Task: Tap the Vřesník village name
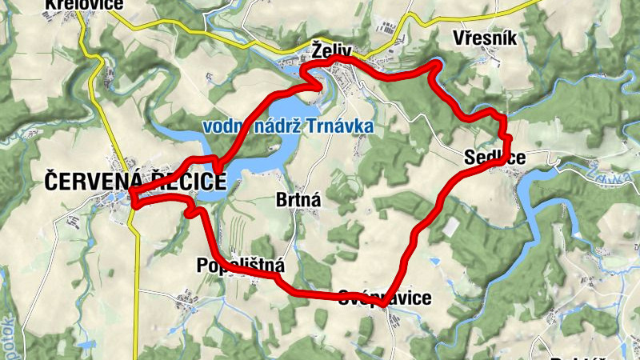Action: pyautogui.click(x=486, y=38)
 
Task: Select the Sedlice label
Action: pyautogui.click(x=495, y=158)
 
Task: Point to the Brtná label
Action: pyautogui.click(x=298, y=200)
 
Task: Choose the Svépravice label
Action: pyautogui.click(x=385, y=298)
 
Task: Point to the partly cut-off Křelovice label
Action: pyautogui.click(x=84, y=6)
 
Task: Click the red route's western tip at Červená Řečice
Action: pyautogui.click(x=131, y=194)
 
